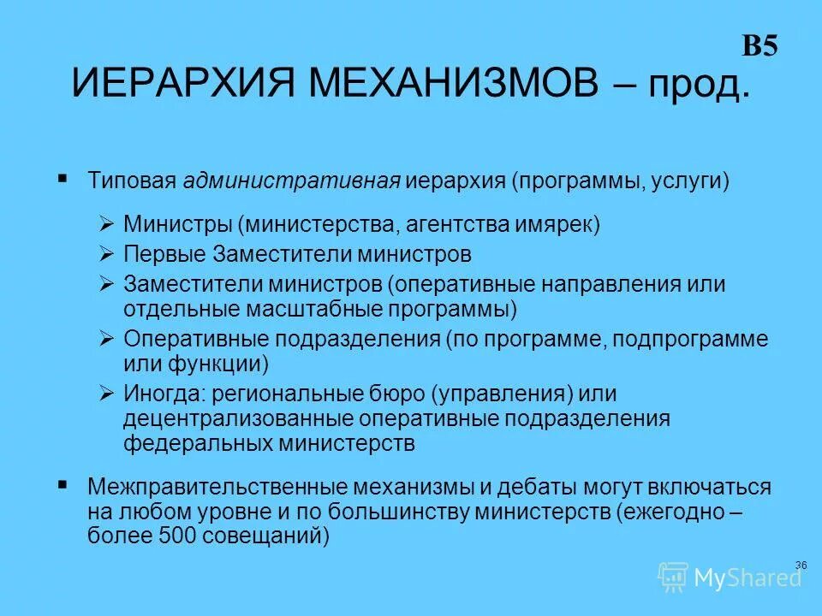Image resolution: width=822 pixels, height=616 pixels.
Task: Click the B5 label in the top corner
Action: (759, 47)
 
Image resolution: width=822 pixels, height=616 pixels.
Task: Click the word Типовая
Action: (131, 181)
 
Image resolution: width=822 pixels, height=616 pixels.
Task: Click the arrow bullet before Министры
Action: (106, 225)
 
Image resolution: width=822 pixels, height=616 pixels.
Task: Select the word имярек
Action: (557, 225)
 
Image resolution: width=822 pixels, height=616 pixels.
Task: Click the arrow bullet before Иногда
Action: (106, 394)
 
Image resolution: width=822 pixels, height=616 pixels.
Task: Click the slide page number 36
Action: (801, 565)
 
